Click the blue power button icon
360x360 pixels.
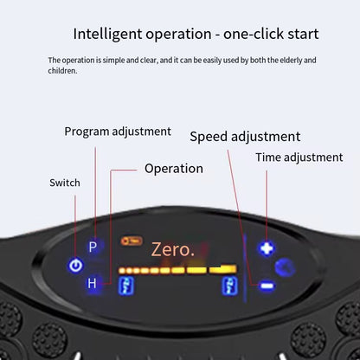[76, 266]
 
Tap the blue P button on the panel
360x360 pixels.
[93, 247]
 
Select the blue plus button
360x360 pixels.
[266, 248]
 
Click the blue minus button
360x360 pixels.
[267, 286]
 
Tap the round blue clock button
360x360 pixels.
[284, 267]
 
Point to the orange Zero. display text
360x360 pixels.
[173, 249]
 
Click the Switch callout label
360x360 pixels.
[65, 183]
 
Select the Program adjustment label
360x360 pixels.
[118, 132]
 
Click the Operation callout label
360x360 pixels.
[174, 169]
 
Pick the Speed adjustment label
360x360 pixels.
[245, 137]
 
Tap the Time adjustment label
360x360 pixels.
[299, 157]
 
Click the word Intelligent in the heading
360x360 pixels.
[107, 35]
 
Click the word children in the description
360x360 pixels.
[62, 71]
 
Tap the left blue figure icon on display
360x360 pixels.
[126, 286]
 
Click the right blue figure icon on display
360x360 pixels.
[230, 286]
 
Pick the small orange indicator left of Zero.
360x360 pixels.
[132, 241]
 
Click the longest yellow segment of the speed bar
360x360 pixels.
[223, 269]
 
